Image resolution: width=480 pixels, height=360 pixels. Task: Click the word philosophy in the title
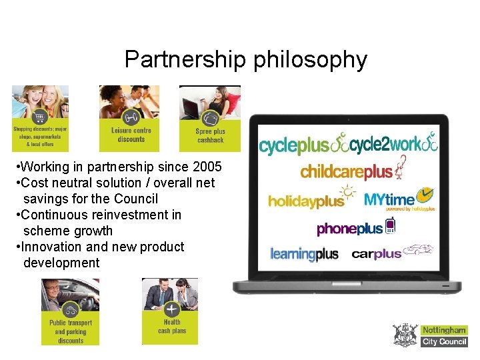point(311,60)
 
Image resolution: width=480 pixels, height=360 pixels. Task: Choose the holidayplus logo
point(307,199)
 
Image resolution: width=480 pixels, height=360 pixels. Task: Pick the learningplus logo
point(304,254)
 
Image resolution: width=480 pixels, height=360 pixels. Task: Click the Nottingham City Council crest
point(405,335)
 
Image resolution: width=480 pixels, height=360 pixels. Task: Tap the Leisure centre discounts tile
point(131,118)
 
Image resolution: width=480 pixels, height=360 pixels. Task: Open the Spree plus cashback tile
point(210,119)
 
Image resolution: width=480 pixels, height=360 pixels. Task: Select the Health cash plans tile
point(171,311)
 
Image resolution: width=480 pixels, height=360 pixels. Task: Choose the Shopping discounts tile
point(40,118)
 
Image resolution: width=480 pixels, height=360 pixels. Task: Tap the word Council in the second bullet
point(136,199)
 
